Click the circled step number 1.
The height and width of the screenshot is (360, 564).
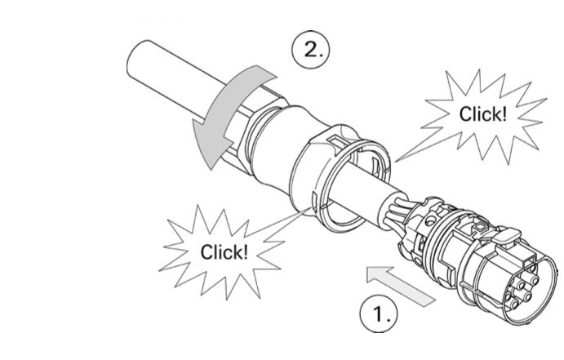point(379,313)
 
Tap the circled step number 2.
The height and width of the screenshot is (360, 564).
point(310,50)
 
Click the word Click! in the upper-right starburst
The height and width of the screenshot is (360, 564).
point(482,114)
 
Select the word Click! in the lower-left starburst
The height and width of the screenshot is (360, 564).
point(224,251)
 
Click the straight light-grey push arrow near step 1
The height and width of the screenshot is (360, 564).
point(400,285)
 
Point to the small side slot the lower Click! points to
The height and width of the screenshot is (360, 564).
point(313,202)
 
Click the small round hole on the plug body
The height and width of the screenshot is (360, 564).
point(429,220)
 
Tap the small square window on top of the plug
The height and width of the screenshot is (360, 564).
point(480,227)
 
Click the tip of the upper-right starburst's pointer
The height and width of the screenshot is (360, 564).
point(395,162)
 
